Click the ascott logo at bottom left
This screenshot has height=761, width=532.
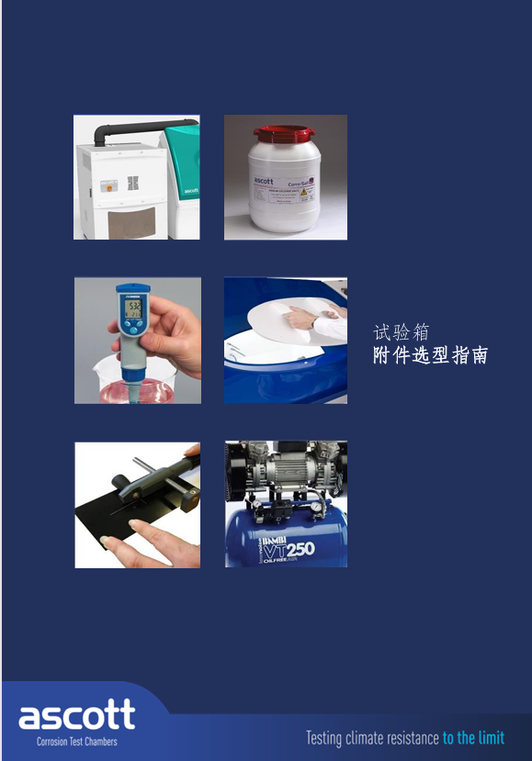pos(76,715)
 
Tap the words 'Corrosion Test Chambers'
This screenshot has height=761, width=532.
pos(76,741)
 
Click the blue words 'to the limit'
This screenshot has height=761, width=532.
pos(473,738)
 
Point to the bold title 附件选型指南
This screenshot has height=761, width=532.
pos(430,356)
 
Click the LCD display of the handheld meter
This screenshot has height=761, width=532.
pos(132,310)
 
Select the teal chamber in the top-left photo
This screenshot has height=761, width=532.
pos(184,174)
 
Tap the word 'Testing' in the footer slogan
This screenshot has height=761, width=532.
pos(323,738)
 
